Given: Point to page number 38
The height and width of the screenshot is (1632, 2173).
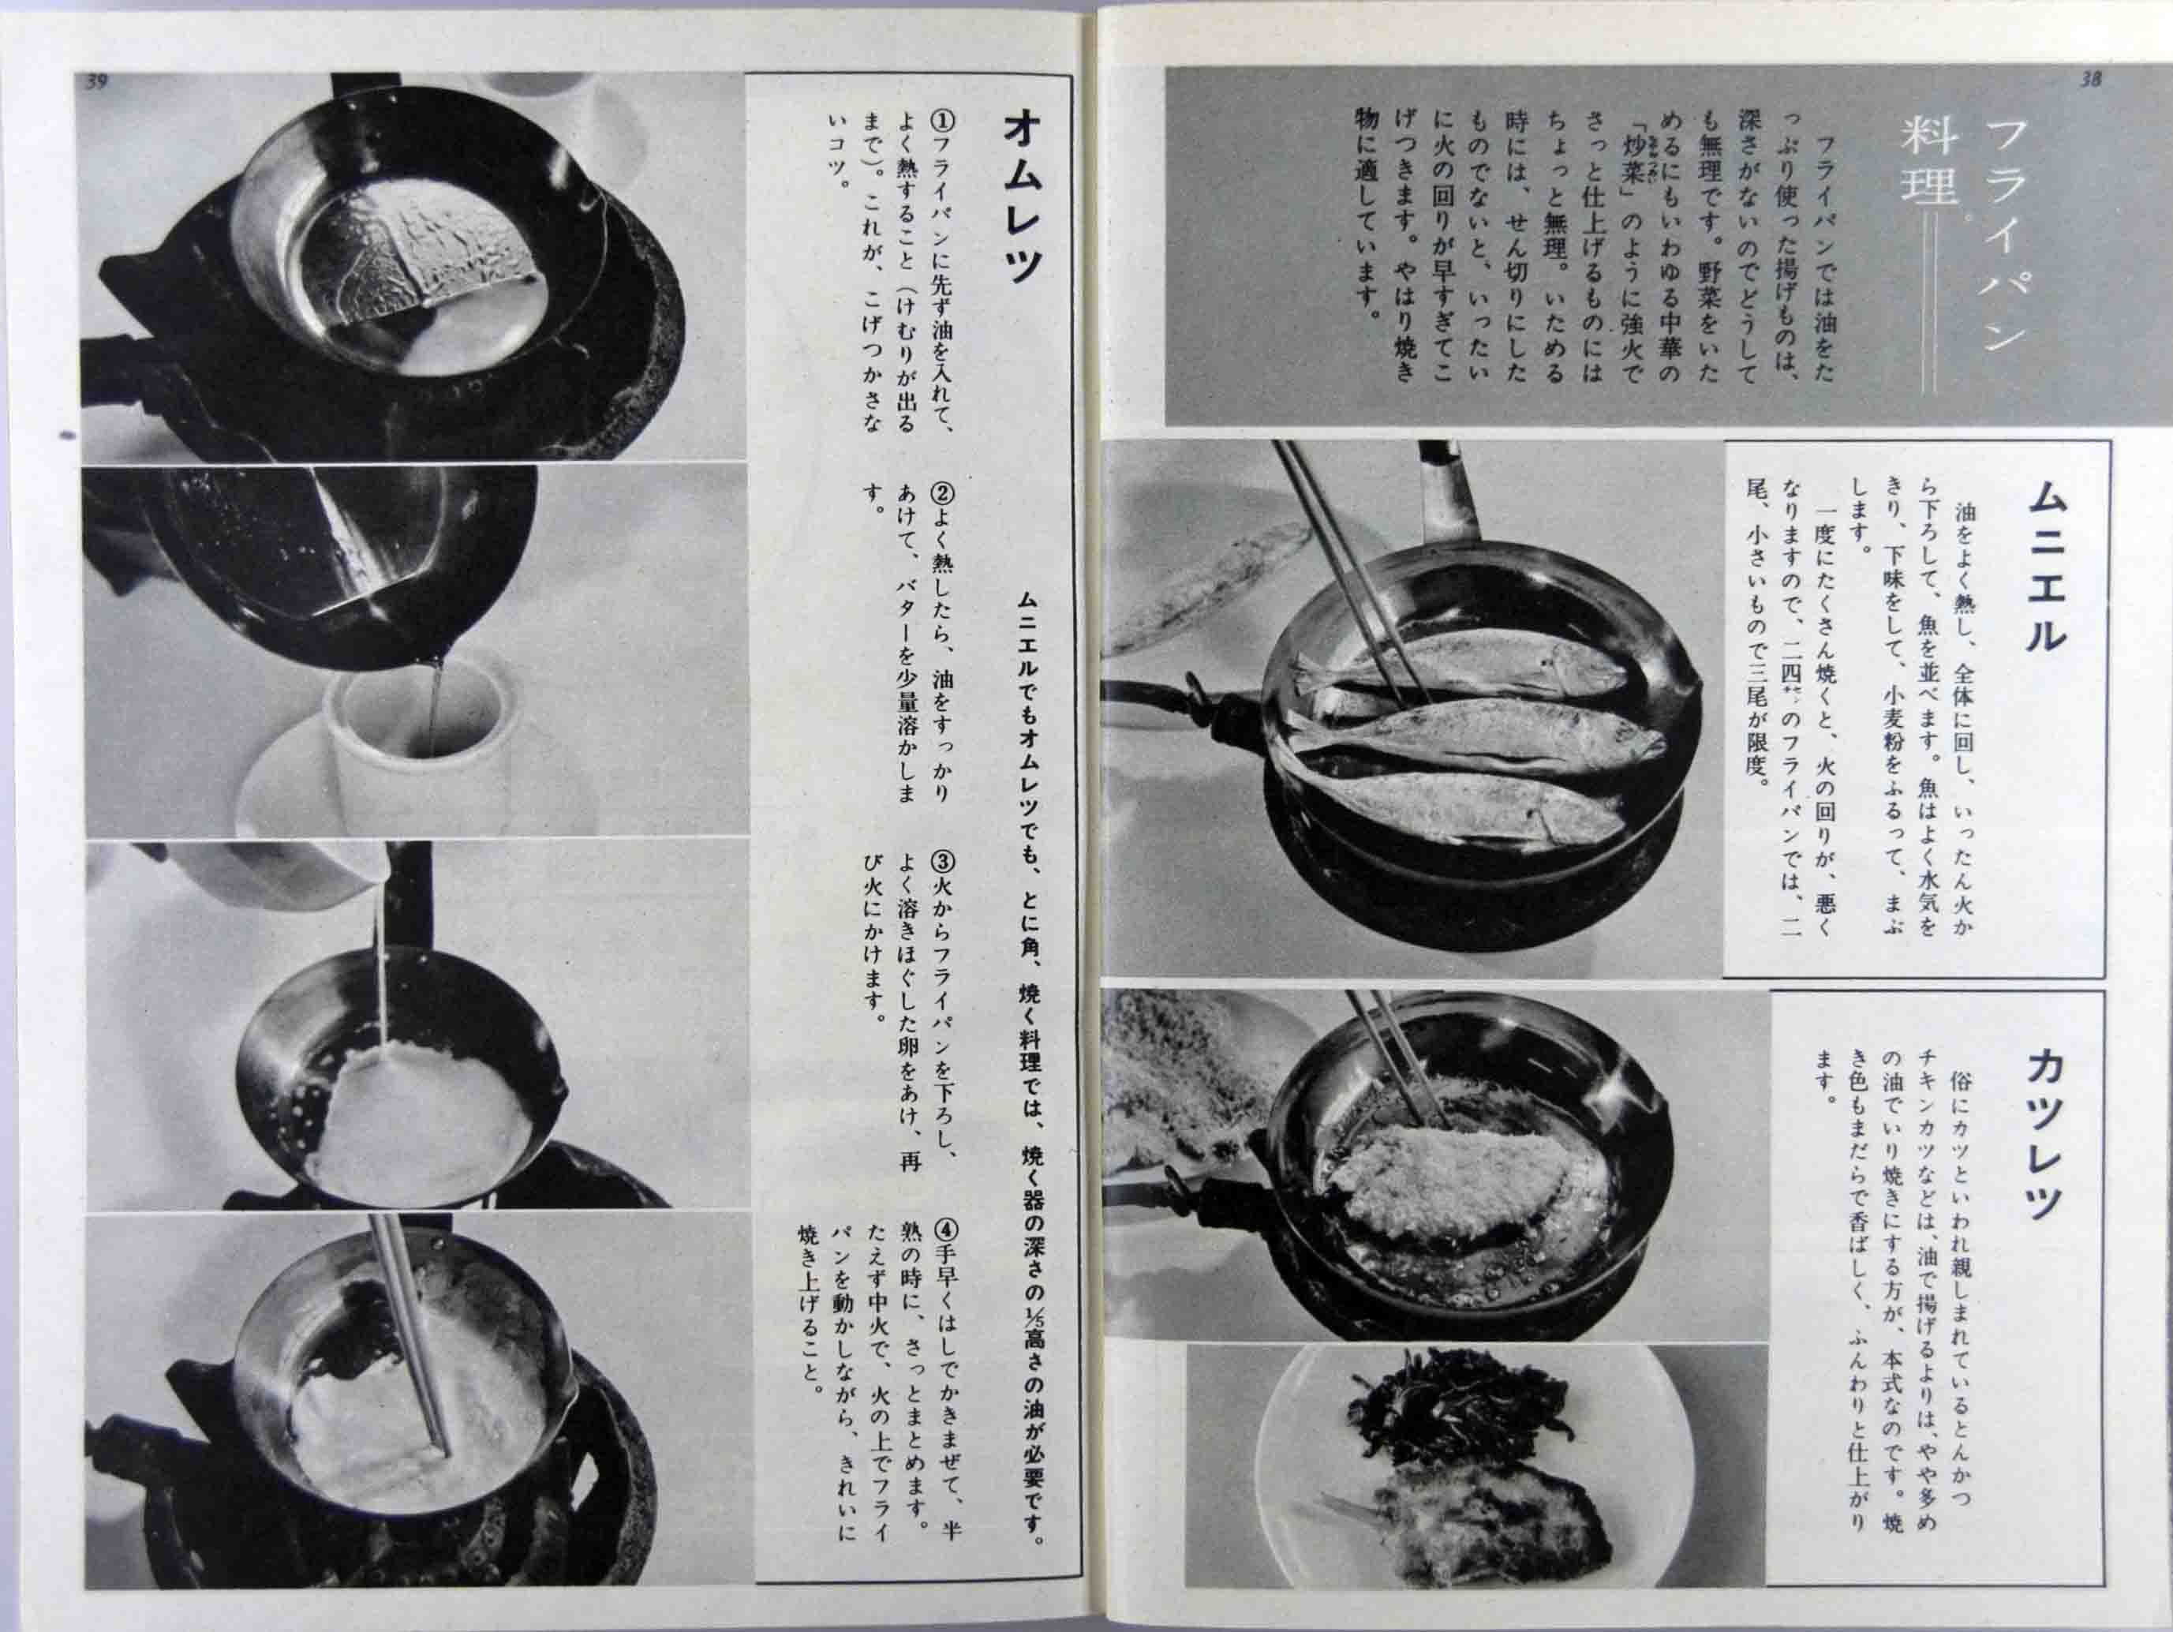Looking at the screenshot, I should tap(2089, 80).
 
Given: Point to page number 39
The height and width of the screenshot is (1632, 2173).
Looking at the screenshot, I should tap(95, 83).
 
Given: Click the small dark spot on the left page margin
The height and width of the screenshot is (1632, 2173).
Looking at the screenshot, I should tap(67, 433).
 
